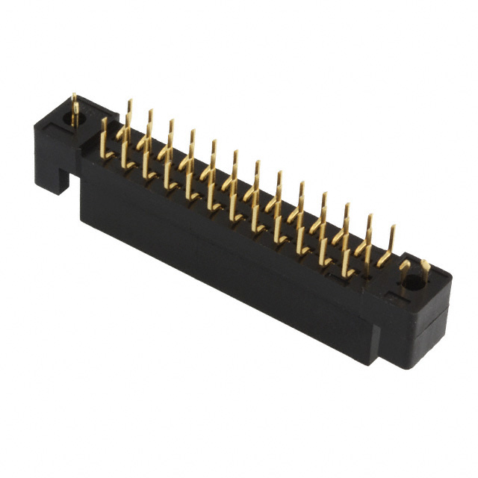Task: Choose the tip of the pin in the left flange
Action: click(x=75, y=95)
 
